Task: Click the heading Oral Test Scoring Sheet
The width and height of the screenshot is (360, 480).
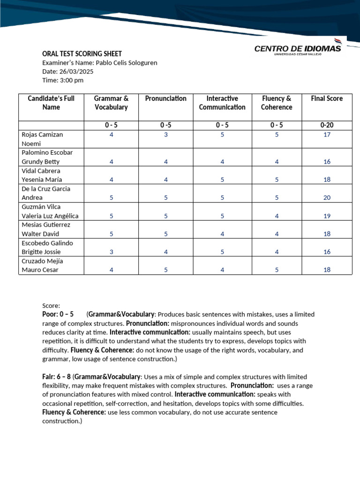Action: coord(82,54)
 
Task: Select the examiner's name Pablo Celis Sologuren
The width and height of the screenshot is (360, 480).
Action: coord(126,63)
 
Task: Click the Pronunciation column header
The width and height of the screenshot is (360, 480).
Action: coord(165,98)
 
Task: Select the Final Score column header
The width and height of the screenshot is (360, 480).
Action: coord(327,98)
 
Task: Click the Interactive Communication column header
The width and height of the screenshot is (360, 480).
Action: coord(222,103)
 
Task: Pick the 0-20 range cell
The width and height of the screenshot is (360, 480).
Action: coord(327,125)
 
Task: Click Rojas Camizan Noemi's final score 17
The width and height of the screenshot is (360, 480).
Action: coord(327,135)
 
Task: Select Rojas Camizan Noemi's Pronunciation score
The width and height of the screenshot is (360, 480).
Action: coord(165,135)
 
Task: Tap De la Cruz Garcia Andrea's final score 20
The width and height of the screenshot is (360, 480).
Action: coord(327,198)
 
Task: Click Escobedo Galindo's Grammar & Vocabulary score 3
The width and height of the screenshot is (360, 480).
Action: coord(111,252)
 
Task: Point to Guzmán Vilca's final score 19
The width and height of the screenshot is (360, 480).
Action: coord(327,216)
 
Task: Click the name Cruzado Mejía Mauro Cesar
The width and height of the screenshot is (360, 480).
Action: coord(42,265)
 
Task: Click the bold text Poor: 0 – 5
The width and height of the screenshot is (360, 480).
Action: coord(58,314)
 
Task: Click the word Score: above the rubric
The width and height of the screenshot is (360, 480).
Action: coord(51,305)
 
